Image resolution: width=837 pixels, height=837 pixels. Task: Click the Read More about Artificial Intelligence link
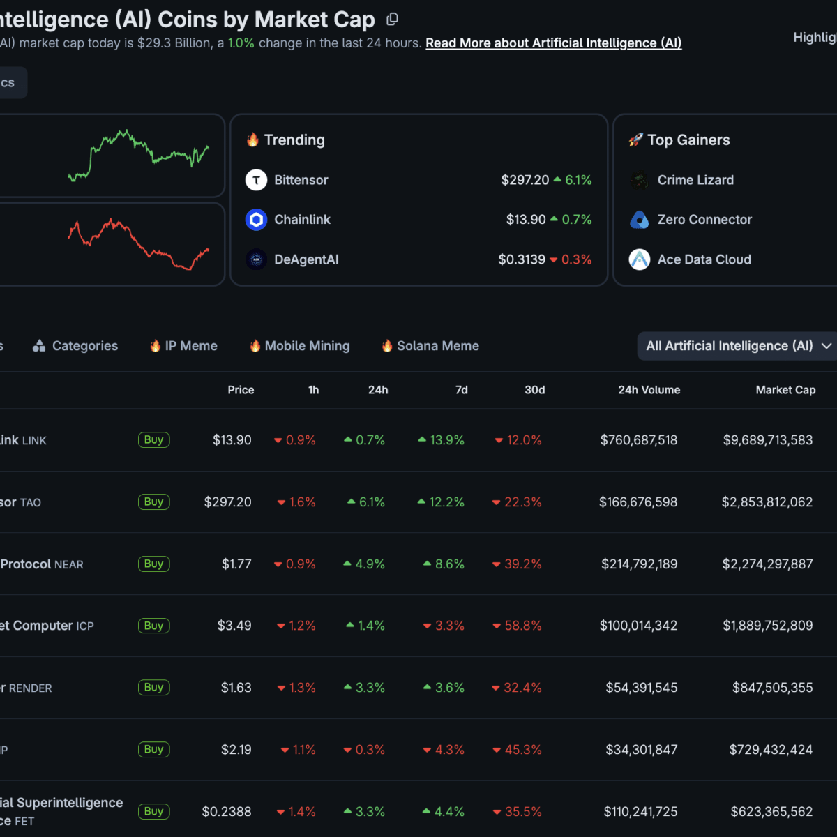point(553,43)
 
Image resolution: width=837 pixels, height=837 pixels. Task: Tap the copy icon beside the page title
point(393,20)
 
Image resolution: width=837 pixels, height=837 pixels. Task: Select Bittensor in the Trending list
point(301,180)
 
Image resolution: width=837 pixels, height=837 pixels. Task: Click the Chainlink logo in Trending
point(257,220)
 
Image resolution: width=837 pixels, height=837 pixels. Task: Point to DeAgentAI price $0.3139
point(521,259)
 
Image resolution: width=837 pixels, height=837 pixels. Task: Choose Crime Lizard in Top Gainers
point(695,180)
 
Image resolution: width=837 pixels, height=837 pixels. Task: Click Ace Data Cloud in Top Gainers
point(704,259)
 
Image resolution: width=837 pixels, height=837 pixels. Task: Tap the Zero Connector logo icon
point(640,220)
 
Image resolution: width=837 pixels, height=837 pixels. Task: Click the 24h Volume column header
point(649,390)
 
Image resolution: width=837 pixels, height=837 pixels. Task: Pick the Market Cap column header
point(785,390)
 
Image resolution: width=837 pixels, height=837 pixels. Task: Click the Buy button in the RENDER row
point(153,688)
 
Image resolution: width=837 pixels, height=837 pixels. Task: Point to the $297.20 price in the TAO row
point(227,502)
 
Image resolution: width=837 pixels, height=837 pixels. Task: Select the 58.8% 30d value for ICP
point(522,626)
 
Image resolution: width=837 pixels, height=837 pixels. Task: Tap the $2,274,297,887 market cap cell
point(767,564)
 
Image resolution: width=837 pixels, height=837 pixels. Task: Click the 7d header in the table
point(461,390)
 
